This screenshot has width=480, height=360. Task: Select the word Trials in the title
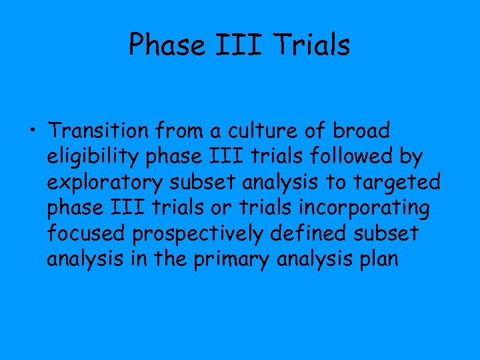pyautogui.click(x=315, y=45)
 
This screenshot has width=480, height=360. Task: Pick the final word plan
pyautogui.click(x=378, y=259)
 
